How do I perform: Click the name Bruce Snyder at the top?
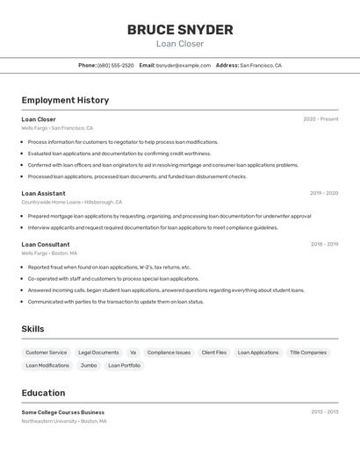180,30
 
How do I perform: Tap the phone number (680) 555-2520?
116,66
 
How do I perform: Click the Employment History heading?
65,100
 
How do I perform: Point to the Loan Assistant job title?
43,193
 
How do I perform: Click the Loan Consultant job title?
46,245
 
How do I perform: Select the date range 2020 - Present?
320,119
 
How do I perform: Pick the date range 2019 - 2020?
324,193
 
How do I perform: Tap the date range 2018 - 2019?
324,245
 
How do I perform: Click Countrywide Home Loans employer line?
71,202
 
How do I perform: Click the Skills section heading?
33,329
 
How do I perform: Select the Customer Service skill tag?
46,353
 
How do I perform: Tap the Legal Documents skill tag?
98,353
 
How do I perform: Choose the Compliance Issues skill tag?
169,353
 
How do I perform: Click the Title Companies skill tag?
308,353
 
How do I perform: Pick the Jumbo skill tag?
89,365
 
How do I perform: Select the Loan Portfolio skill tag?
124,365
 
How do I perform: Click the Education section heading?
43,393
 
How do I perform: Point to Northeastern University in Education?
49,421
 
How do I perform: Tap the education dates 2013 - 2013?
324,411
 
